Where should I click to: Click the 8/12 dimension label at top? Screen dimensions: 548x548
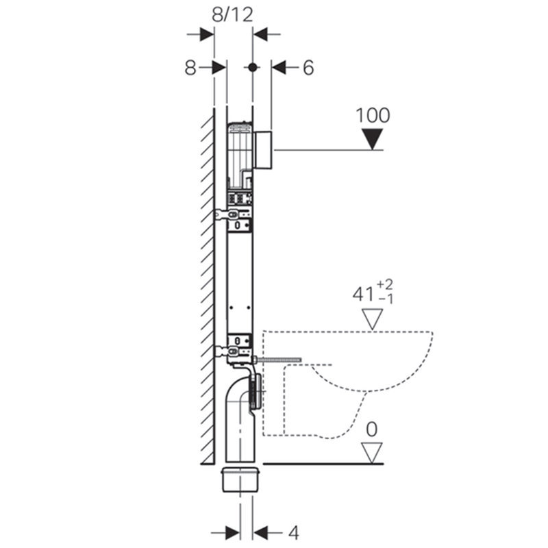[232, 15]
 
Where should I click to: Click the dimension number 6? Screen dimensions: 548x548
[308, 67]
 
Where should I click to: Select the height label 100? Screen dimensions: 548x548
[373, 115]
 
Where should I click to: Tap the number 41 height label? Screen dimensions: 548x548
[363, 295]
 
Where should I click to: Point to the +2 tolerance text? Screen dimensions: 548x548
[385, 284]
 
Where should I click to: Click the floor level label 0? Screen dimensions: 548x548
[372, 429]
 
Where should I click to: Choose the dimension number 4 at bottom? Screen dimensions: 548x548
[294, 533]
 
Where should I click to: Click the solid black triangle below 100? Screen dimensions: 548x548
[372, 139]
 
